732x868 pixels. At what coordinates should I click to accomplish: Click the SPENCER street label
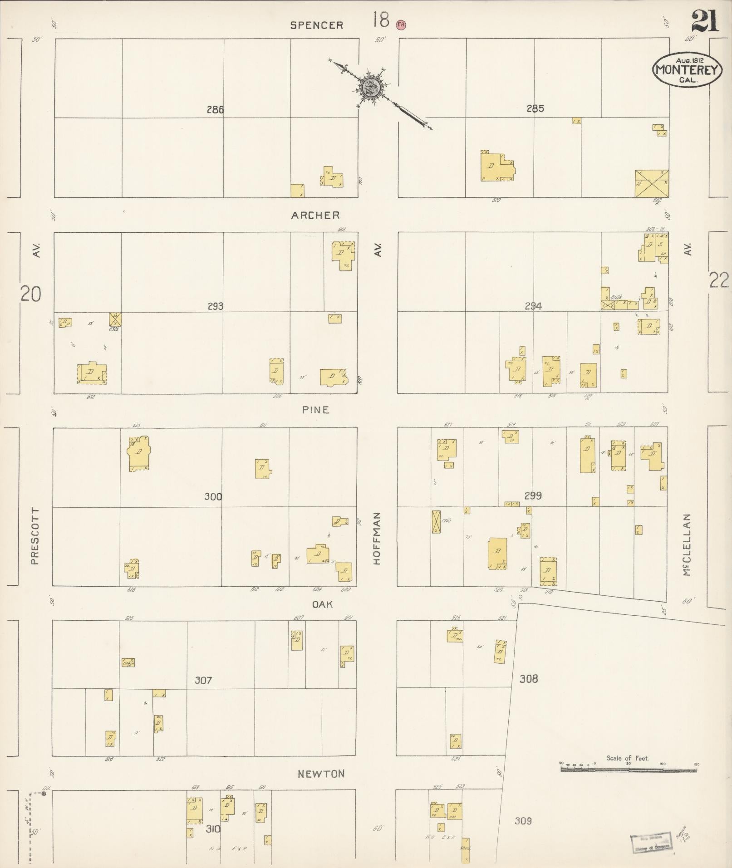pyautogui.click(x=316, y=25)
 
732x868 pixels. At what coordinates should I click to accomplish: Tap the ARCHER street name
pyautogui.click(x=315, y=215)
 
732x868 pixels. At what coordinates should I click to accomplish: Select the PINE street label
pyautogui.click(x=316, y=410)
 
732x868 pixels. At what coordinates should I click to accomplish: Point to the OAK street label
pyautogui.click(x=322, y=604)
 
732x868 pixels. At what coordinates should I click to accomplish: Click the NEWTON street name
pyautogui.click(x=321, y=774)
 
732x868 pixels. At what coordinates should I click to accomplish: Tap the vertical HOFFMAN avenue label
pyautogui.click(x=377, y=538)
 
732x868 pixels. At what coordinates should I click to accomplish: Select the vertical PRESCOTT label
pyautogui.click(x=35, y=536)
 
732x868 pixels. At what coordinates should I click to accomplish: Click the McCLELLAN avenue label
pyautogui.click(x=687, y=544)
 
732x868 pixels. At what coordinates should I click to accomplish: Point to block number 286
pyautogui.click(x=215, y=109)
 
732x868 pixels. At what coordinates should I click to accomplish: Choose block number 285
pyautogui.click(x=535, y=108)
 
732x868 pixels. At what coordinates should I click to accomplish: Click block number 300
pyautogui.click(x=213, y=496)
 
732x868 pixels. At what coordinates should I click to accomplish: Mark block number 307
pyautogui.click(x=203, y=680)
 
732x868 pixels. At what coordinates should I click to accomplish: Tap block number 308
pyautogui.click(x=529, y=679)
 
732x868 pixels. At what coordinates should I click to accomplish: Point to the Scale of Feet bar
pyautogui.click(x=629, y=770)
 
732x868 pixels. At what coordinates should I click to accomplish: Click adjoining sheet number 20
pyautogui.click(x=30, y=294)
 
